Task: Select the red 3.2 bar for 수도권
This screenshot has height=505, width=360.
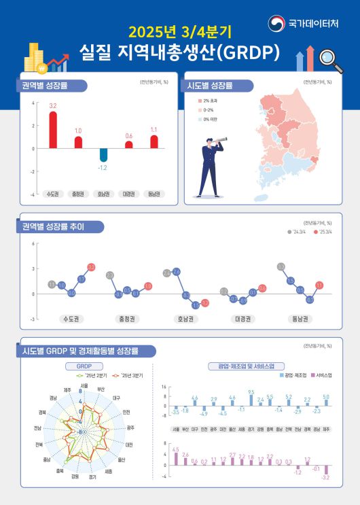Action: pos(53,129)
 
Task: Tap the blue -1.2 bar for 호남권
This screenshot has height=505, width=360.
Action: pos(103,154)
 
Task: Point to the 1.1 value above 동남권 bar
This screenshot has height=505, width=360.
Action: pos(154,129)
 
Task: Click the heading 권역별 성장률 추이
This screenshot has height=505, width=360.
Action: pos(54,226)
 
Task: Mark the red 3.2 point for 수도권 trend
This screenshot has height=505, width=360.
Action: pos(91,268)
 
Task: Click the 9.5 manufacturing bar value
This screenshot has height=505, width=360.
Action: pos(251,391)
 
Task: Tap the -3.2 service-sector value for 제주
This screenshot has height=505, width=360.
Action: pos(326,478)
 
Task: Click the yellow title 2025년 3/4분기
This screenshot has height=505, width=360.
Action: pos(179,31)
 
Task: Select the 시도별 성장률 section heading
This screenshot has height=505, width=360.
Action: pos(211,86)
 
